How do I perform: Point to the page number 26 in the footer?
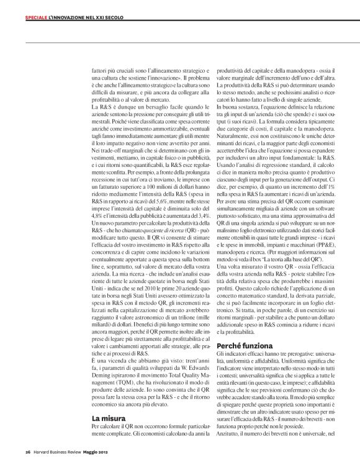28,451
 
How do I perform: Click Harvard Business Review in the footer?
59,451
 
